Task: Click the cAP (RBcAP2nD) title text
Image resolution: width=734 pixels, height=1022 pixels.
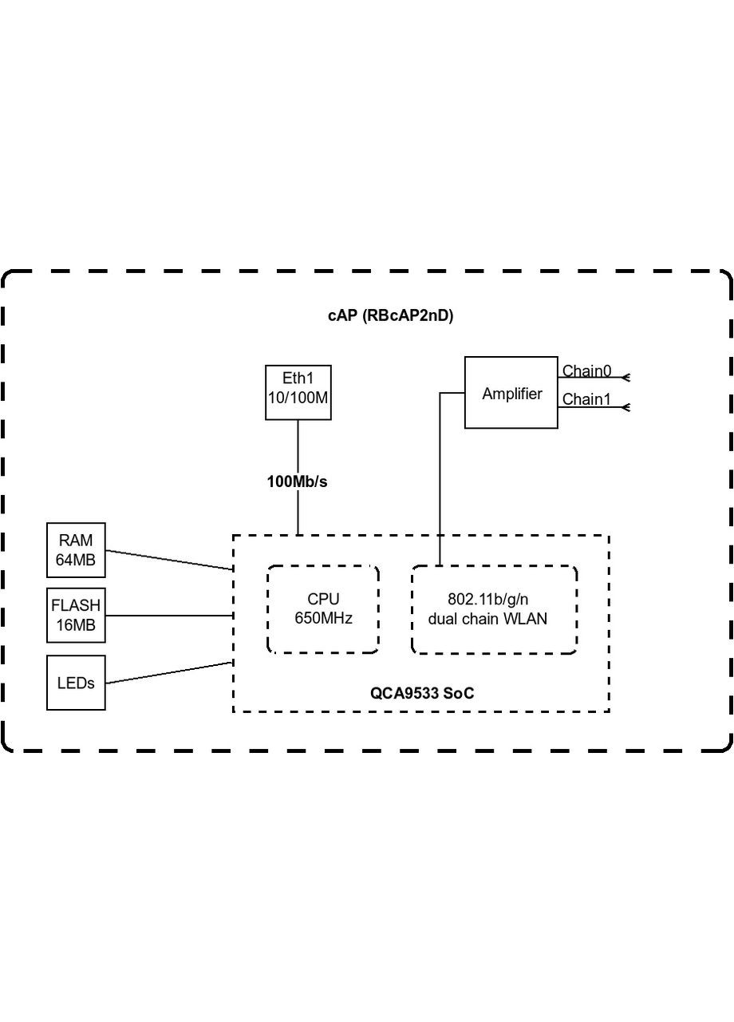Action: tap(390, 315)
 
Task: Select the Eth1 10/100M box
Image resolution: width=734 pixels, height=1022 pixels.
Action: tap(298, 392)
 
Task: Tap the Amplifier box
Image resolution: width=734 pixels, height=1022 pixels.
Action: tap(511, 393)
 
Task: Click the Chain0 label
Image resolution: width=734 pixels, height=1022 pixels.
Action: tap(586, 371)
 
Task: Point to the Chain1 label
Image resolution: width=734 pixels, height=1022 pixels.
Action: tap(586, 399)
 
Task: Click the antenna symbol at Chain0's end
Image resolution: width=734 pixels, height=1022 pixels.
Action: tap(626, 377)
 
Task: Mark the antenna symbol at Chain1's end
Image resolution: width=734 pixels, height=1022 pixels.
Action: tap(626, 407)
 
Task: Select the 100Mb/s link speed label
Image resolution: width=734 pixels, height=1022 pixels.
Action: tap(297, 481)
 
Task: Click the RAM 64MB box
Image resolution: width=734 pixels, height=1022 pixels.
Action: tap(76, 550)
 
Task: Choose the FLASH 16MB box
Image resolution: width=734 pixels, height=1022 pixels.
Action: tap(76, 616)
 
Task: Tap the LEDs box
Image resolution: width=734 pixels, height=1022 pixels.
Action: tap(76, 683)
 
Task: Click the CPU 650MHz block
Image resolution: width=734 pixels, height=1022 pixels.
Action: tap(323, 609)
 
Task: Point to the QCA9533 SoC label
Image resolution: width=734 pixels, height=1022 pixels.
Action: tap(421, 693)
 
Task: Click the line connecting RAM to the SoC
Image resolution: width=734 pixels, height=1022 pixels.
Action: tap(169, 560)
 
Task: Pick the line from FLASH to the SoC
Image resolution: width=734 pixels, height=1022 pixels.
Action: tap(169, 616)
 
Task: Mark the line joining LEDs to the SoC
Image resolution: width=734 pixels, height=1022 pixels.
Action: tap(169, 672)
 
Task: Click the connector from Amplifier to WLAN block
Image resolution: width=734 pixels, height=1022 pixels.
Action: tap(440, 479)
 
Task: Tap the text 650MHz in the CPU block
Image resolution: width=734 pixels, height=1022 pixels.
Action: tap(323, 618)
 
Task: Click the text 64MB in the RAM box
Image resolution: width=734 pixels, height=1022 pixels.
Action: tap(76, 560)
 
